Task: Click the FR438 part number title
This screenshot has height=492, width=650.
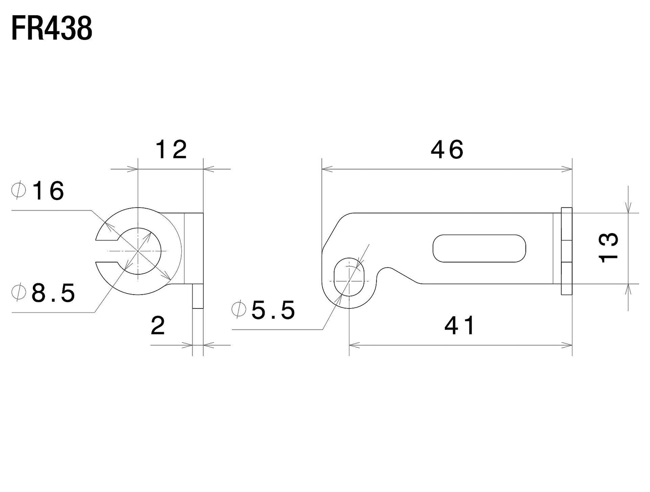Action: (52, 29)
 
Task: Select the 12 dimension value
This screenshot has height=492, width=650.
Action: (171, 149)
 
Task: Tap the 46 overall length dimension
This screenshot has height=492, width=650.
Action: (447, 149)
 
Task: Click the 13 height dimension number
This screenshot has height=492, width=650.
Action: (610, 248)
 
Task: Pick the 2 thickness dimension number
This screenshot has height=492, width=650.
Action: (158, 326)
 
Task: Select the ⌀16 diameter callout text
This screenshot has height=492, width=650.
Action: (38, 191)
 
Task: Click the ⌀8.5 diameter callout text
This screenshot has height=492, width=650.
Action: (44, 294)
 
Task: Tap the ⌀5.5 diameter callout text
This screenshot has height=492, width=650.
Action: (263, 310)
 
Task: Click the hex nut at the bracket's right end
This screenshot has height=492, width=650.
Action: (566, 251)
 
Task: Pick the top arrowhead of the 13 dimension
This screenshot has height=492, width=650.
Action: (628, 207)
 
